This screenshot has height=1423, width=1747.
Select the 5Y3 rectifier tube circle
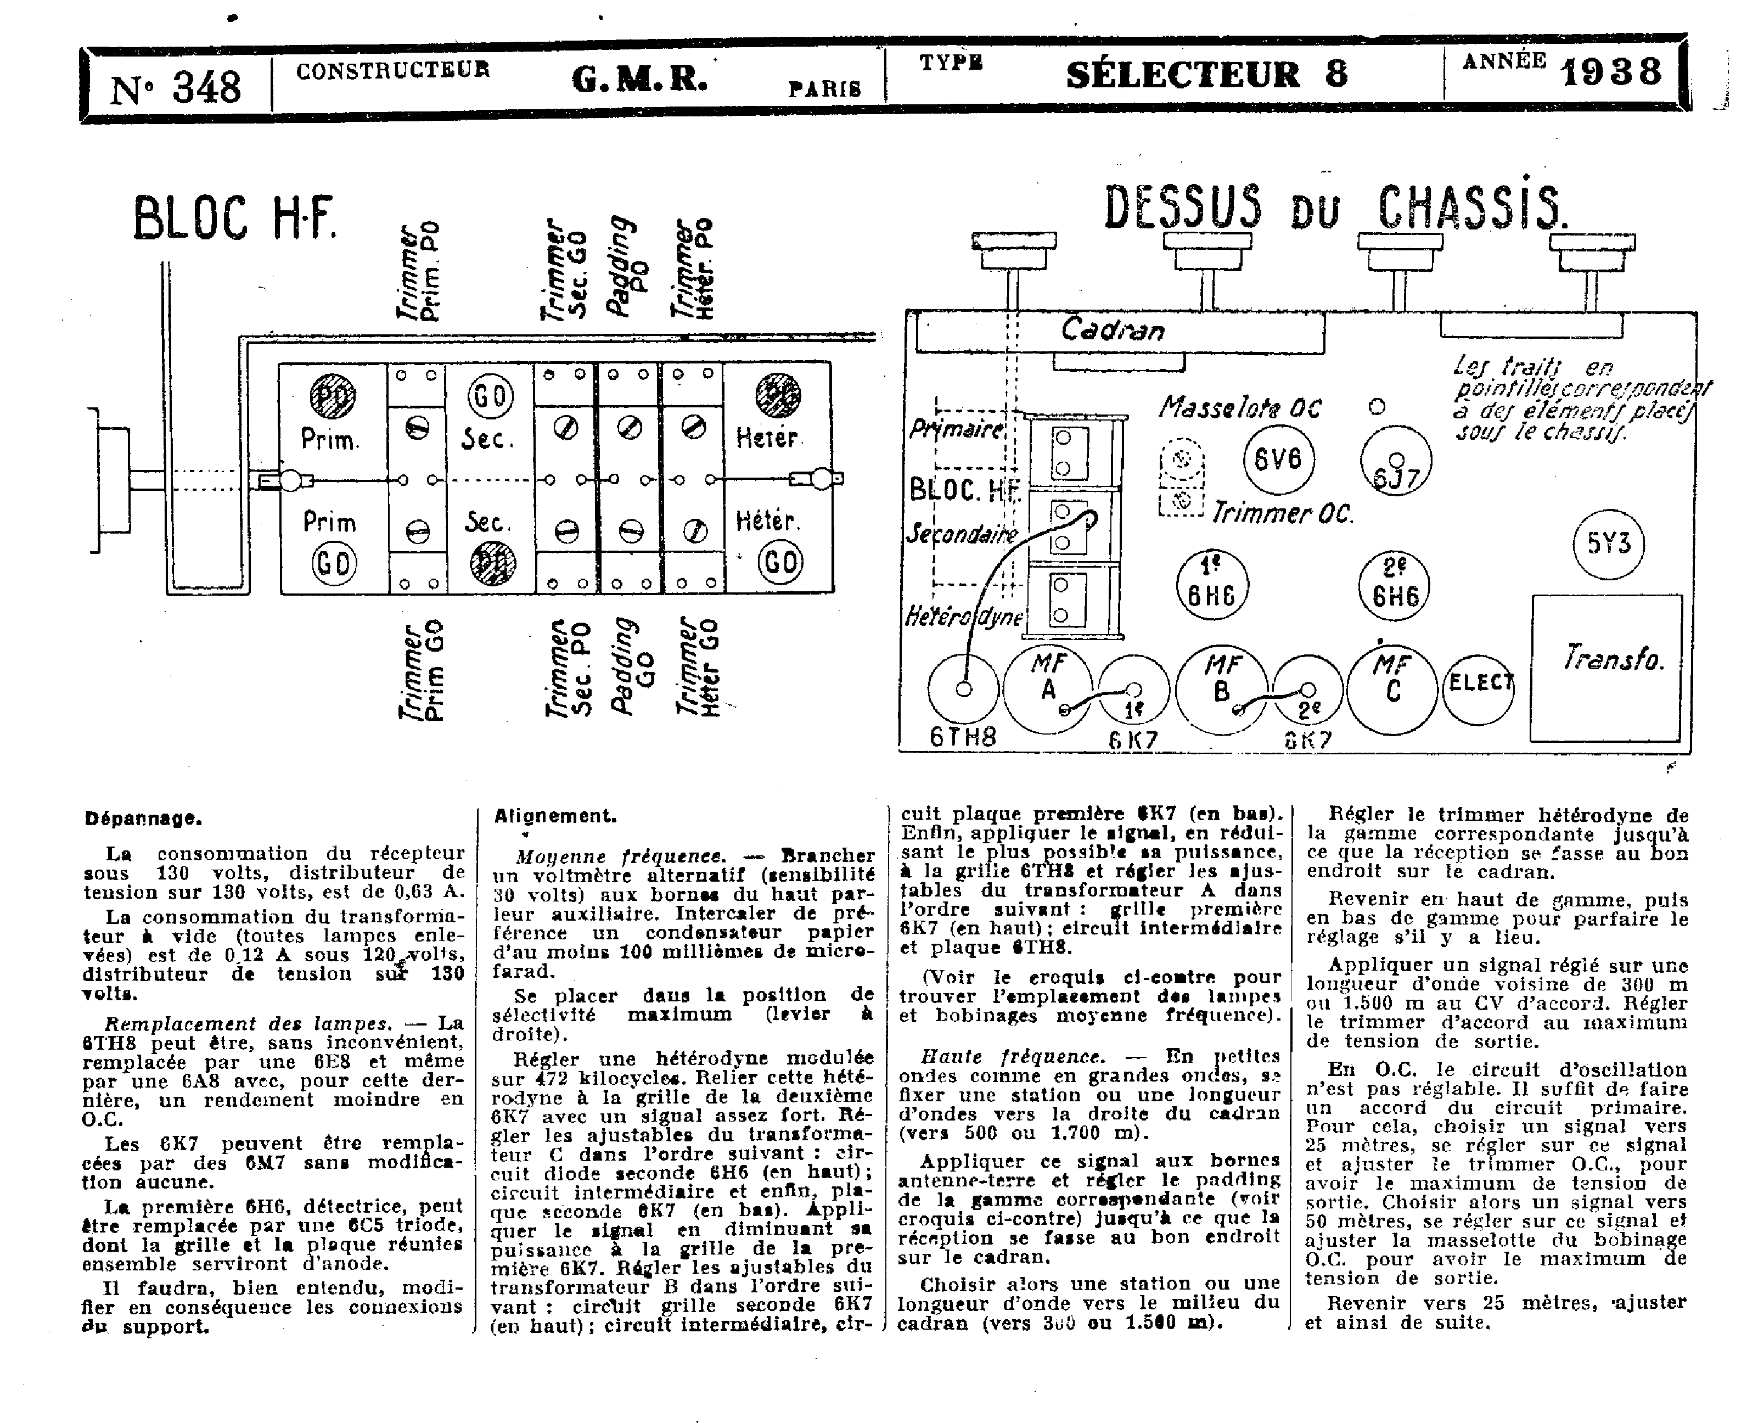1608,544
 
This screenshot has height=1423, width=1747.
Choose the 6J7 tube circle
1396,462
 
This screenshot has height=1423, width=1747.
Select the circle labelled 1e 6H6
1211,585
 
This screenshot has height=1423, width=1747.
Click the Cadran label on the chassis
1112,330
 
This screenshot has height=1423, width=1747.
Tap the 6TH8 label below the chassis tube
963,737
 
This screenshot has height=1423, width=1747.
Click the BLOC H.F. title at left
235,218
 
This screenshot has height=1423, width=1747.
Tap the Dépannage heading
143,818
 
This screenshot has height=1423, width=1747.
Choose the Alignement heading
555,816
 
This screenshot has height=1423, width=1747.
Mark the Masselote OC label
1239,407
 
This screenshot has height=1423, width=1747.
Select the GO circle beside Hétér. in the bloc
779,562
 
